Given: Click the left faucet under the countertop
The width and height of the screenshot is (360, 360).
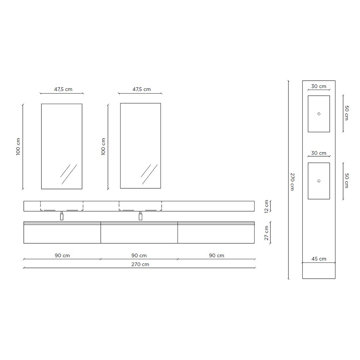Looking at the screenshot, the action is pos(62,216).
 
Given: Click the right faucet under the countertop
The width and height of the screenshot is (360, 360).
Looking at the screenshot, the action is pos(140,216).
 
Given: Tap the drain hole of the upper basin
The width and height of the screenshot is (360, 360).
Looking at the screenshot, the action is pos(319,114).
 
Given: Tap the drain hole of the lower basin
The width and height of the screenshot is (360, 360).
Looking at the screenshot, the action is pos(319,181).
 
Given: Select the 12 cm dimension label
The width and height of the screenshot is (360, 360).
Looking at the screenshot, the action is pos(266,206).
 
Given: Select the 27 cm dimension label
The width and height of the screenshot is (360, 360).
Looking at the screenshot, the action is pos(266,233).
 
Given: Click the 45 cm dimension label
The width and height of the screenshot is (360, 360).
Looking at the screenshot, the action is pos(319,259).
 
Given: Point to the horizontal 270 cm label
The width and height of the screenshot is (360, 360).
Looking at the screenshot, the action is pos(140,264).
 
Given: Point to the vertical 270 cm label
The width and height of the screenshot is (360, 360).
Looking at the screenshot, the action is pos(292,181).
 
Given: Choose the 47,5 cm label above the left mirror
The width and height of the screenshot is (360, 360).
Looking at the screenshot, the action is pos(63,89).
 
